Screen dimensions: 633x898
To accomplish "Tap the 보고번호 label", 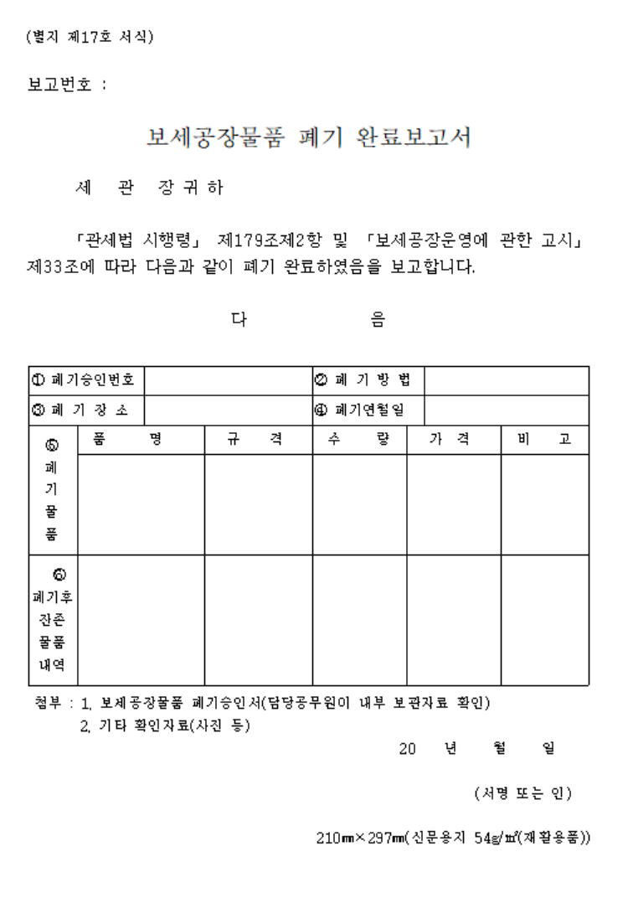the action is [67, 85].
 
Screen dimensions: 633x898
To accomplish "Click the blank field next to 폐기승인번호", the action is [229, 379].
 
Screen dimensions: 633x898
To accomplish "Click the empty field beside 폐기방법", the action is [508, 379].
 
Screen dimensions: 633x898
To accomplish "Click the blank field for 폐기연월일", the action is [508, 410].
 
